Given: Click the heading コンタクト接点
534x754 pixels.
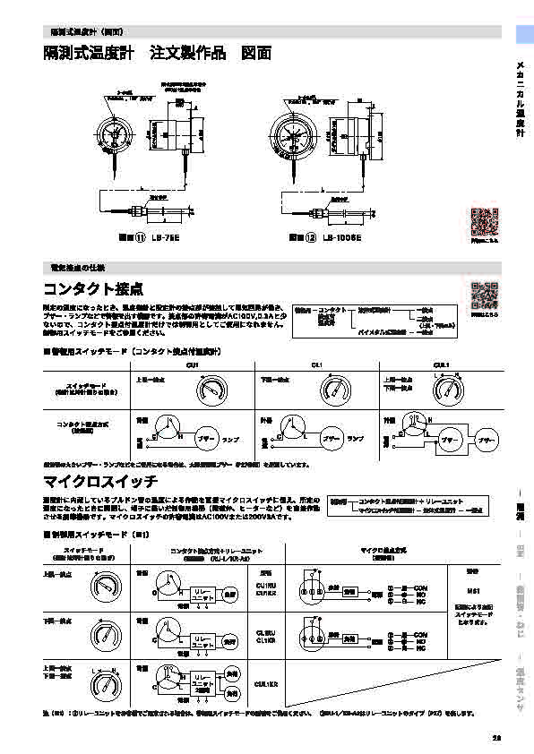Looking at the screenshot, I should coord(93,290).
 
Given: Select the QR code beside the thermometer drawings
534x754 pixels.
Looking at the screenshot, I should coord(483,221).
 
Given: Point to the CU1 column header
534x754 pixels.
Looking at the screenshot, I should coord(192,364).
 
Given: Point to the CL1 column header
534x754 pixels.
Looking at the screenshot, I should coord(316,364).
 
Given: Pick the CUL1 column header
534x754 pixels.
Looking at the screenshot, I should coord(440,364).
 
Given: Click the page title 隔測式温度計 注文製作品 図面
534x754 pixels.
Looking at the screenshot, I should coord(158,54).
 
